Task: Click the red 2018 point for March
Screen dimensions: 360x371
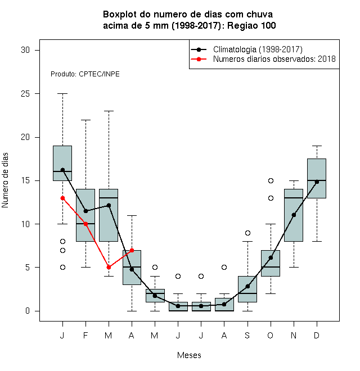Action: tap(109, 268)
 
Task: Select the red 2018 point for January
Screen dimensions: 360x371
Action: tap(62, 198)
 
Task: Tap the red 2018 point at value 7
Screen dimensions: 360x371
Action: tap(132, 250)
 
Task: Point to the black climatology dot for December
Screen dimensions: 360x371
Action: tap(317, 182)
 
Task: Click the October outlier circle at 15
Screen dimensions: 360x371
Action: tap(271, 181)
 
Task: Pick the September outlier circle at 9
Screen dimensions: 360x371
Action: tap(247, 233)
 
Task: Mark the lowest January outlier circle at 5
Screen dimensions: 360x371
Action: tap(62, 268)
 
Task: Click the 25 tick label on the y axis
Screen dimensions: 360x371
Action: tap(25, 94)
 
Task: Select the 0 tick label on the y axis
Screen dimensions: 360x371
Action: tap(28, 311)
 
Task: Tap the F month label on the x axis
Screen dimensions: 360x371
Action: tap(85, 335)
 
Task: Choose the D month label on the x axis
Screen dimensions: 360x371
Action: tap(317, 335)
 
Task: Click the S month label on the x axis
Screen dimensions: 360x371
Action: tap(247, 335)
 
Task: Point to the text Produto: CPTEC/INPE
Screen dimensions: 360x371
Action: tap(85, 74)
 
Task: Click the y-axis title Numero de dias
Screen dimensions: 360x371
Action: tap(5, 180)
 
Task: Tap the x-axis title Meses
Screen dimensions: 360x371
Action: tap(189, 355)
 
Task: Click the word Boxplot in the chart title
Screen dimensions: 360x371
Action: tap(120, 15)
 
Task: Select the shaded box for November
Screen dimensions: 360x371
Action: tap(294, 215)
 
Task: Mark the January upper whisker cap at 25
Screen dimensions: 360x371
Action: tap(62, 94)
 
